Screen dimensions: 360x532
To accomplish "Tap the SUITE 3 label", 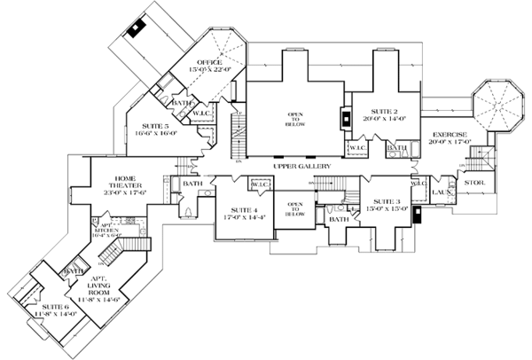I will coord(385,201).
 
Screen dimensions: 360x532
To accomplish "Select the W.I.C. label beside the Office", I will coord(200,113).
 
